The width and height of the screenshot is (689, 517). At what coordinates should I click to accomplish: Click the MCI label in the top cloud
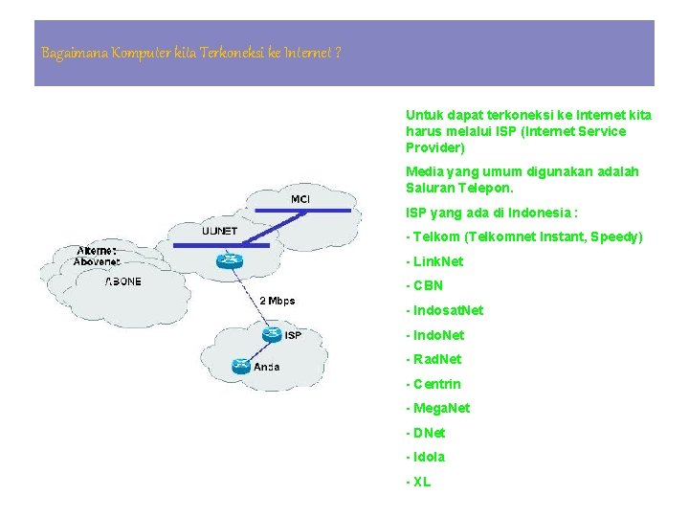300,199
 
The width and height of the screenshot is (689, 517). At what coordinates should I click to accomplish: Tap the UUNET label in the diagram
220,231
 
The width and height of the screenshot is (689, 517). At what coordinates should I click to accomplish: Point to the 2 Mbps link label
278,301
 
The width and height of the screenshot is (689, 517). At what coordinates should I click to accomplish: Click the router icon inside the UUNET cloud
228,260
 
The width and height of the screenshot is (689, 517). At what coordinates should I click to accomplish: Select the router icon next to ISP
271,334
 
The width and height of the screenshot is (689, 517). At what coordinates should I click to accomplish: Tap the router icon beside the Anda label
239,365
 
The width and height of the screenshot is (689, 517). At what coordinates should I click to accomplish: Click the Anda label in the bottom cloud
266,366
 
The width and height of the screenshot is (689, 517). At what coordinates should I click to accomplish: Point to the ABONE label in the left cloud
122,281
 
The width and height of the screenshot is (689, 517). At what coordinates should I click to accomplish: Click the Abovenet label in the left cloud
97,261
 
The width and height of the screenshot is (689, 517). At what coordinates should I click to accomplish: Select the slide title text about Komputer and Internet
191,53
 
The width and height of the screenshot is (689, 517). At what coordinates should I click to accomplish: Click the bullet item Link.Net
437,260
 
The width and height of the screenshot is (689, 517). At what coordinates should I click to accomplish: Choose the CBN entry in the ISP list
428,285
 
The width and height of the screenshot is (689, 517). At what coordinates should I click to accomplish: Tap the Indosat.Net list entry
448,310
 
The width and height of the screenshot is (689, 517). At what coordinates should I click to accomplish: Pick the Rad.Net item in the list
436,359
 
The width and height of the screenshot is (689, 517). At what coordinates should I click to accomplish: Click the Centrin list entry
436,384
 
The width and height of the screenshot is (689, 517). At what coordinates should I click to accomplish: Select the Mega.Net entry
441,408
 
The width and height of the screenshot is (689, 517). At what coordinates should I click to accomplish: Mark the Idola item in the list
429,457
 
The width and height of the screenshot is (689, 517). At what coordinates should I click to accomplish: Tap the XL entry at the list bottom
421,482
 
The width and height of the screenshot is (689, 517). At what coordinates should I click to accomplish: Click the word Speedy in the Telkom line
613,236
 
